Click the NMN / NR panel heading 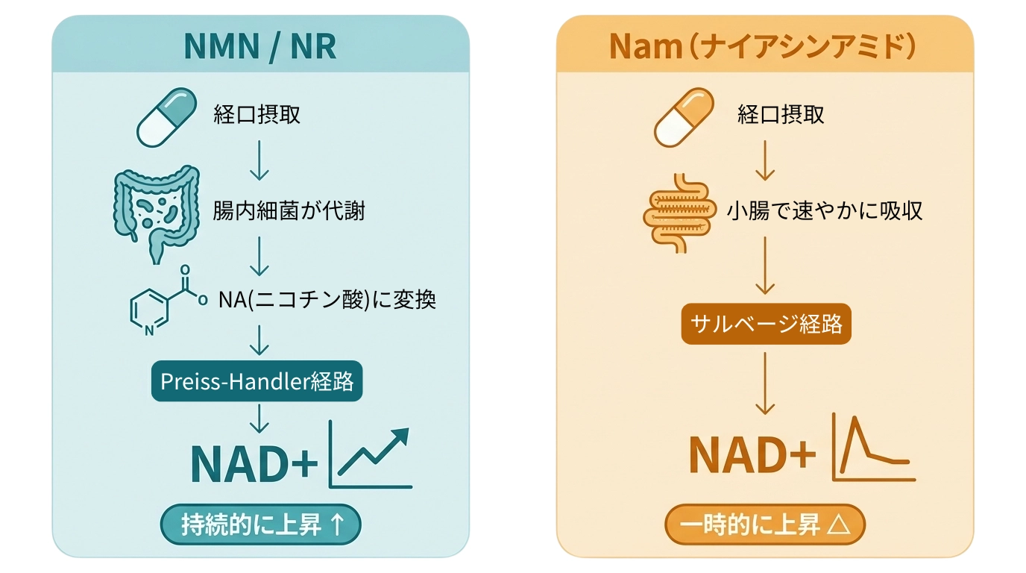[x=260, y=46]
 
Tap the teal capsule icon [x=167, y=116]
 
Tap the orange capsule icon [x=684, y=116]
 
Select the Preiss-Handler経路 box [x=257, y=381]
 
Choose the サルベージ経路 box [x=766, y=324]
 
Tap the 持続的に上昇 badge [x=261, y=525]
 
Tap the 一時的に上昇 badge [x=765, y=525]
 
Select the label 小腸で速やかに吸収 [x=825, y=210]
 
